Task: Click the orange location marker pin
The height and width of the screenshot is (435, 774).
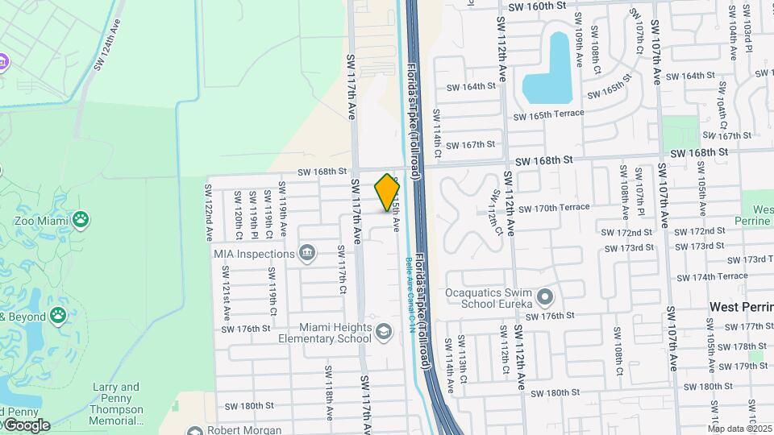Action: pyautogui.click(x=388, y=192)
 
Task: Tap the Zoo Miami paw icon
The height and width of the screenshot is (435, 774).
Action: pyautogui.click(x=81, y=218)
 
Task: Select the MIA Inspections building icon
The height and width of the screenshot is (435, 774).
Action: pyautogui.click(x=307, y=254)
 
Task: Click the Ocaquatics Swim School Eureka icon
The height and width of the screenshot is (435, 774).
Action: pyautogui.click(x=545, y=297)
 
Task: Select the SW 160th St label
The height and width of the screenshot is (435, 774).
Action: pyautogui.click(x=531, y=6)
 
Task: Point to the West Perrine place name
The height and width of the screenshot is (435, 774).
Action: pyautogui.click(x=741, y=307)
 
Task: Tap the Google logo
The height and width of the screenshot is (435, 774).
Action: pyautogui.click(x=26, y=425)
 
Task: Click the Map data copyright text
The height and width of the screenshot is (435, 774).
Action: pyautogui.click(x=740, y=429)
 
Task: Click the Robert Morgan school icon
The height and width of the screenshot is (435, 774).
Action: pyautogui.click(x=194, y=430)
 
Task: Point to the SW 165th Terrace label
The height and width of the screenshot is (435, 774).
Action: pyautogui.click(x=548, y=114)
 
